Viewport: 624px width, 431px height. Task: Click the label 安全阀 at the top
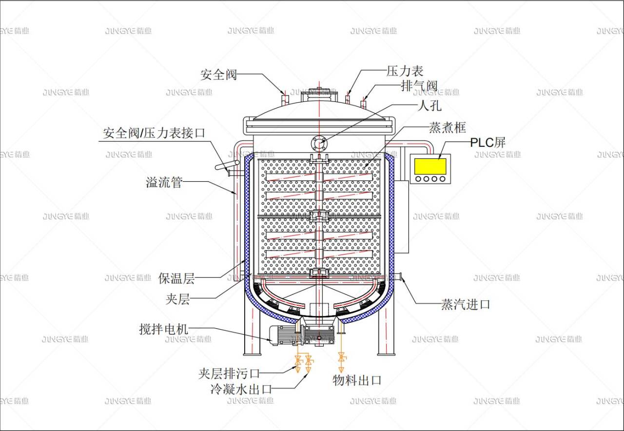pos(218,75)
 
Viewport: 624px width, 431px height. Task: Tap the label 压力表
pos(405,71)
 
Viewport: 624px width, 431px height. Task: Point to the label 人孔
pos(429,105)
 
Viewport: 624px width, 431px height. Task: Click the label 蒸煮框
pos(447,128)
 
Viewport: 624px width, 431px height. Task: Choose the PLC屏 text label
pos(487,142)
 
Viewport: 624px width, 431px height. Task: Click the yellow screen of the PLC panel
pos(430,166)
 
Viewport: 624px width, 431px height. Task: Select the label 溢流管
pos(164,182)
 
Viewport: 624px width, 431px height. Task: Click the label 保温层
pos(176,278)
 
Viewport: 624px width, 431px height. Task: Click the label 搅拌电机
pos(163,330)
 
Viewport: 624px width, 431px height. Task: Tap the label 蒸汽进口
pos(466,305)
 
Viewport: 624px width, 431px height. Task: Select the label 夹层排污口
pos(229,374)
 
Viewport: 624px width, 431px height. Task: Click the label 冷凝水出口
pos(241,389)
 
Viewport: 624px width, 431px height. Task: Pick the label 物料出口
pos(357,380)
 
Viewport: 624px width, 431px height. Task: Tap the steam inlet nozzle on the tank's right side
pos(398,277)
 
